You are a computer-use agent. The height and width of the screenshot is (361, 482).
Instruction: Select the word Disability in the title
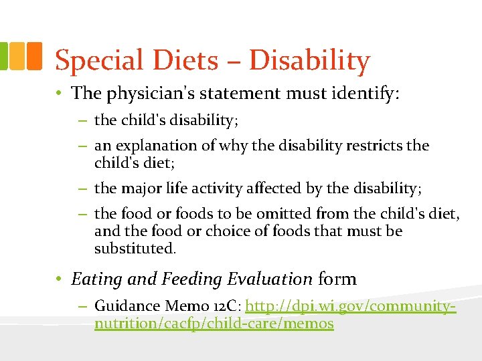(309, 62)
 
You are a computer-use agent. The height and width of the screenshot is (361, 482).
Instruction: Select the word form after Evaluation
(337, 279)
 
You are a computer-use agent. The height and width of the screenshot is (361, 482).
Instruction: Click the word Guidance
(127, 306)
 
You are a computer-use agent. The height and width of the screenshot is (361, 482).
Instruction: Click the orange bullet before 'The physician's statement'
(60, 93)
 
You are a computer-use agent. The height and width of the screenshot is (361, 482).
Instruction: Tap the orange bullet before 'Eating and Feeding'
(60, 279)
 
